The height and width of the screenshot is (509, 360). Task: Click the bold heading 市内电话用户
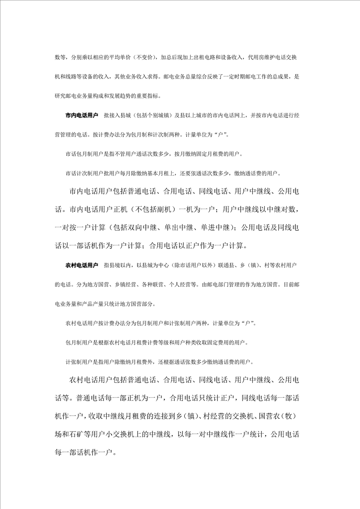[82, 116]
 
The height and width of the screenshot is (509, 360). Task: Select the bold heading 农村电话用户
[82, 264]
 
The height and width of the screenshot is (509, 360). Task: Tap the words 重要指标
[155, 96]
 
